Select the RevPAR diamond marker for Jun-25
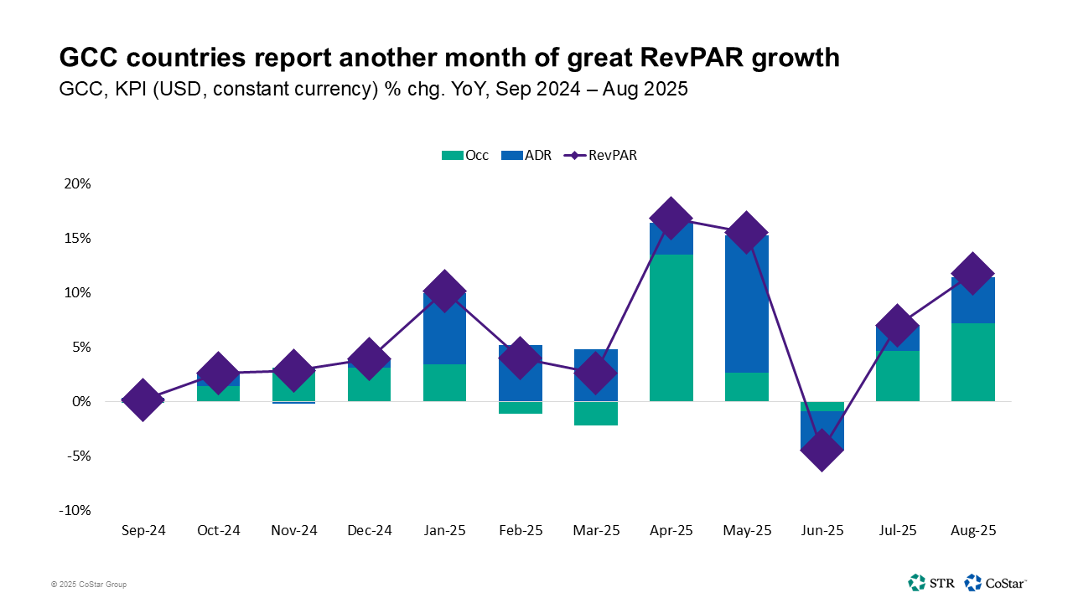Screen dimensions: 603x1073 [822, 450]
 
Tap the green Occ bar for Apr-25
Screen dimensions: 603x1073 [671, 327]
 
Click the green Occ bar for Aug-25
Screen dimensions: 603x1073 [972, 362]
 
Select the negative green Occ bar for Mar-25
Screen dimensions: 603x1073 [595, 414]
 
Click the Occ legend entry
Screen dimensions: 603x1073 [465, 155]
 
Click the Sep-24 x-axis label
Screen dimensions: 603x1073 [143, 531]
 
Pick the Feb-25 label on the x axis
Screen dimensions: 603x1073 [520, 531]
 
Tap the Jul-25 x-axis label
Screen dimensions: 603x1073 [897, 531]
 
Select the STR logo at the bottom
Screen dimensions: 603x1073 [931, 582]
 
